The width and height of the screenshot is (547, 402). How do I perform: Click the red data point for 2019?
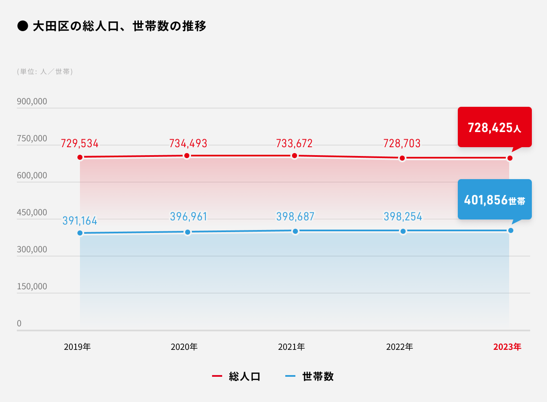[x=80, y=157]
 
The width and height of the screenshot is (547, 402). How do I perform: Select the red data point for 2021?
[x=295, y=156]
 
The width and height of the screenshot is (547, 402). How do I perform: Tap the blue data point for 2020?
[x=188, y=232]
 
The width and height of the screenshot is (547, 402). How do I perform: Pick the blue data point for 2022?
[x=403, y=231]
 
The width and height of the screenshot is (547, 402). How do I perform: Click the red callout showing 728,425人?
[x=494, y=127]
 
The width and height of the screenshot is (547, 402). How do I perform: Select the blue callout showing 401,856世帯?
[x=494, y=199]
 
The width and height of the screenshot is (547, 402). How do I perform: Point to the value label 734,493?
[x=188, y=143]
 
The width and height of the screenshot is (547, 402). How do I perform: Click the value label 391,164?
[x=80, y=221]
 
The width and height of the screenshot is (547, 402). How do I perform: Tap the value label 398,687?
[x=295, y=217]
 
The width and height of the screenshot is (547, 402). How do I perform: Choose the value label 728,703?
[x=402, y=143]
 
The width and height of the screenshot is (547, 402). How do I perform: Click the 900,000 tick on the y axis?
[x=32, y=101]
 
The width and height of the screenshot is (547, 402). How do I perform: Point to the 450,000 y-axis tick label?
[x=32, y=212]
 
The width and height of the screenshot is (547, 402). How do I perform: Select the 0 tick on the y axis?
[x=19, y=323]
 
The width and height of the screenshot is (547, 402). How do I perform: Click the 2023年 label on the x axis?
[x=507, y=347]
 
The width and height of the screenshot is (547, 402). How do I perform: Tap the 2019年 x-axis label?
[x=77, y=347]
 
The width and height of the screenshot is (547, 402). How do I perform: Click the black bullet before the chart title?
[x=22, y=26]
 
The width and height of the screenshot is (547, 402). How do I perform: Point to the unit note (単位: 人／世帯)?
[x=45, y=71]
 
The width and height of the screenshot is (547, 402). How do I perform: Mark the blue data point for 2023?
[x=511, y=230]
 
